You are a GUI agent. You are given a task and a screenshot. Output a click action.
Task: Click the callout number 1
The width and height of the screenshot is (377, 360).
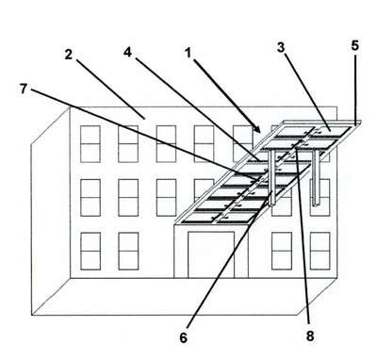188,53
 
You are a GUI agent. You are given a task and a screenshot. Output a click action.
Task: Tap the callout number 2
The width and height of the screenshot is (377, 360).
69,55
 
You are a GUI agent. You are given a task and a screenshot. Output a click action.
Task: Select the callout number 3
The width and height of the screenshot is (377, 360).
281,47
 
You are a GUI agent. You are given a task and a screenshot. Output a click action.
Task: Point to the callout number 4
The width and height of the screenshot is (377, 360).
127,52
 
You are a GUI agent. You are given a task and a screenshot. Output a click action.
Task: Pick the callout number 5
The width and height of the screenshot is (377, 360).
354,46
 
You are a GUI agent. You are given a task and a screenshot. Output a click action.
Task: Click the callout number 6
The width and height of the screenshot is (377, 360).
184,337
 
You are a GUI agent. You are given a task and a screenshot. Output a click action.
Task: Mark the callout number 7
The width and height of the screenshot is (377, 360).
24,89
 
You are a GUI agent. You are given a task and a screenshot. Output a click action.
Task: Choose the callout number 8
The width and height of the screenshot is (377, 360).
310,336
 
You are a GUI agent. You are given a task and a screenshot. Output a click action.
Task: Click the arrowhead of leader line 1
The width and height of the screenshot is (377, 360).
257,130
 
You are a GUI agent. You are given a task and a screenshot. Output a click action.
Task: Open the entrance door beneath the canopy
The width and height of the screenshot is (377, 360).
211,254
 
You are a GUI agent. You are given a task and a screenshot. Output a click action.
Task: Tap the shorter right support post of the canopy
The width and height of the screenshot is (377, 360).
316,178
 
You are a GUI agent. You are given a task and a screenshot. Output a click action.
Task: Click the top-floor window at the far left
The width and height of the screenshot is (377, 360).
90,144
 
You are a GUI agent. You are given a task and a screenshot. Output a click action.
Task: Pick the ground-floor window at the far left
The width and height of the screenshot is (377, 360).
90,252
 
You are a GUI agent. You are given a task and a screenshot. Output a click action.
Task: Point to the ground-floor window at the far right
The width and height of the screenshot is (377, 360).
320,251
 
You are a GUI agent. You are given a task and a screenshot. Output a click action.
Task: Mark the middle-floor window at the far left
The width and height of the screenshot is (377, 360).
90,198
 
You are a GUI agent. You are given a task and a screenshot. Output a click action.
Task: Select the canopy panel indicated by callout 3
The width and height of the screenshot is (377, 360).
330,131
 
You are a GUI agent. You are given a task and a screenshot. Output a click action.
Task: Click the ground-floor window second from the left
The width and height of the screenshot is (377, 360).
128,252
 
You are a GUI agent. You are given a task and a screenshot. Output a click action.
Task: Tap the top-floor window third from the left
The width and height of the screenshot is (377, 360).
166,144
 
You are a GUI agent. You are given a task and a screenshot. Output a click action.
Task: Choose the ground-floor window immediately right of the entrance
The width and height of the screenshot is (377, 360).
282,251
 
